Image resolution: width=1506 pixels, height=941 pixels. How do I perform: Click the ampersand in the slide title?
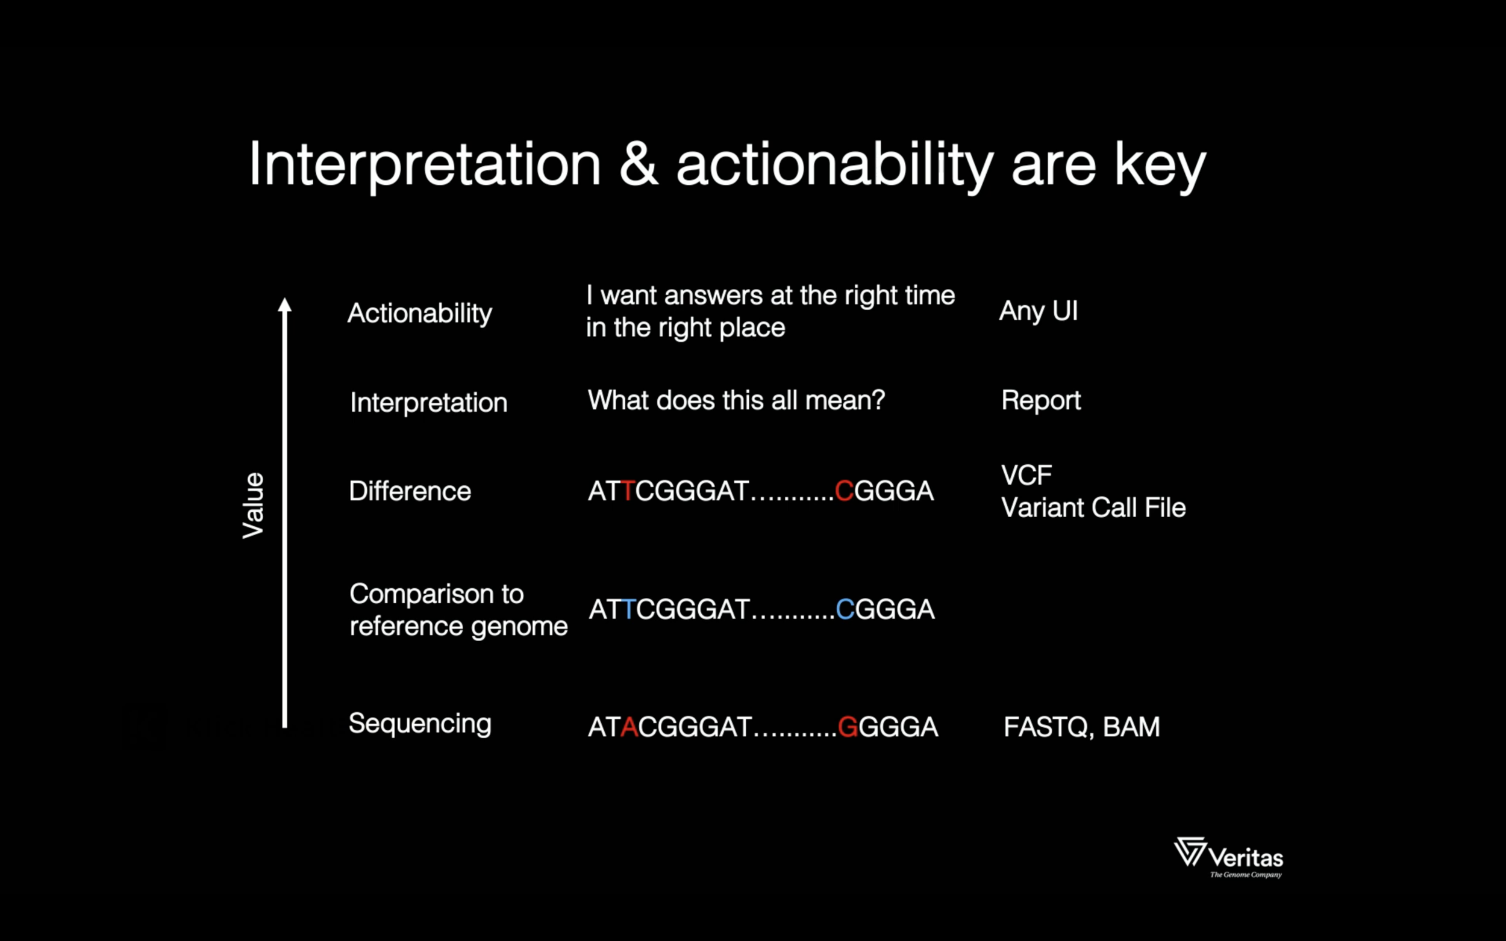tap(639, 164)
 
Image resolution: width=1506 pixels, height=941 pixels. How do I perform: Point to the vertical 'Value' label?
tap(254, 505)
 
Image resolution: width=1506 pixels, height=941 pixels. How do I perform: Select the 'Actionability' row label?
tap(420, 313)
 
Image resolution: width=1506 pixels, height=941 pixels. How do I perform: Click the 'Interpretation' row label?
tap(428, 403)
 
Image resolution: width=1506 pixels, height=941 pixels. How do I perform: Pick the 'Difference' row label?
tap(410, 491)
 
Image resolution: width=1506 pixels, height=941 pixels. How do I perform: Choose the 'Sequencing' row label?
tap(420, 724)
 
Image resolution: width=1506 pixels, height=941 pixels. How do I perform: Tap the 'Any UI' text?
tap(1039, 311)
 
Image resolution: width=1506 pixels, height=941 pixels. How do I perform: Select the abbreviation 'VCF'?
tap(1026, 476)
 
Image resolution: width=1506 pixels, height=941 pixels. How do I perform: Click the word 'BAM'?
tap(1131, 727)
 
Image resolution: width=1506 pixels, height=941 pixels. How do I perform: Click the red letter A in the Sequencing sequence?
tap(630, 727)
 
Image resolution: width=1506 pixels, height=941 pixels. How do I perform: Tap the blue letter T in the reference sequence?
tap(629, 609)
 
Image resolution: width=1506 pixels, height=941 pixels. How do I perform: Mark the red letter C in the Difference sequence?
tap(844, 491)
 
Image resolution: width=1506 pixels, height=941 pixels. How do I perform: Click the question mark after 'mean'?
tap(878, 400)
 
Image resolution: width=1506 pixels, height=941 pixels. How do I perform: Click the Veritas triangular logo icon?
tap(1190, 851)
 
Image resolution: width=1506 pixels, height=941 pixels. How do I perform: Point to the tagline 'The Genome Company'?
tap(1246, 874)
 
